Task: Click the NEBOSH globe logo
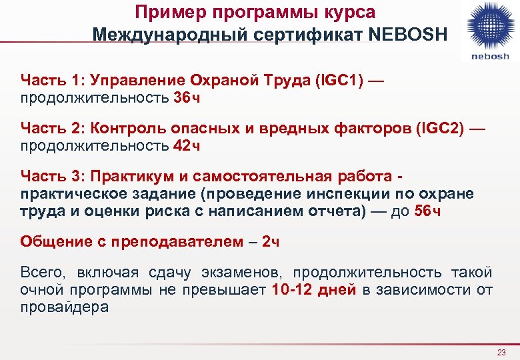(490, 25)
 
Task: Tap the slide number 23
(502, 352)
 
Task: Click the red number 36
(182, 99)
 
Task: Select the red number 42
(182, 145)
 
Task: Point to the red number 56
(423, 211)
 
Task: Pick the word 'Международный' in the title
(162, 33)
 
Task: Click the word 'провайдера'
(64, 307)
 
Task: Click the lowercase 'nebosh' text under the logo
(490, 56)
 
